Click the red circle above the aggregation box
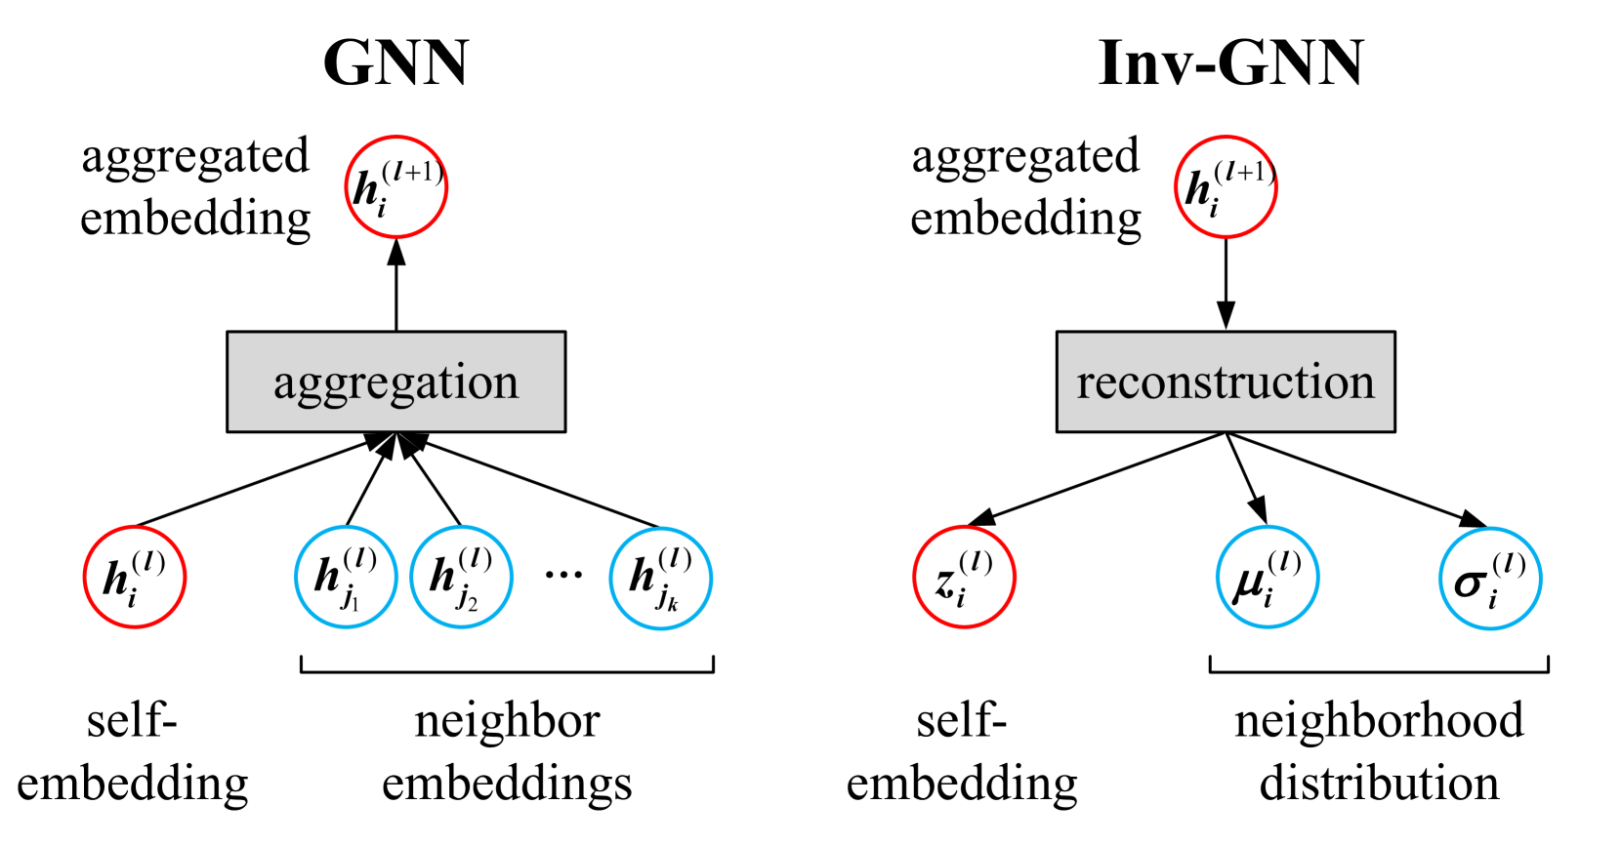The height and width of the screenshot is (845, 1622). click(x=396, y=186)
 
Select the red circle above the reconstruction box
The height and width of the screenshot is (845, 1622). click(x=1226, y=186)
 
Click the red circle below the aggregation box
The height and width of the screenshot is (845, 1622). click(x=135, y=577)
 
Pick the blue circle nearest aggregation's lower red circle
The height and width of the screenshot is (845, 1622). click(x=346, y=577)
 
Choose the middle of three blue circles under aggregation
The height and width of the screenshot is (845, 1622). click(x=462, y=577)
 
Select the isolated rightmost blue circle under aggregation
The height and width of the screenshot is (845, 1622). click(x=661, y=579)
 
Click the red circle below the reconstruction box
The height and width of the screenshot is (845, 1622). click(x=965, y=577)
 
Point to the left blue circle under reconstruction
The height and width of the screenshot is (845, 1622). click(x=1268, y=577)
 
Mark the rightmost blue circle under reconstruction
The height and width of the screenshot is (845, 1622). click(x=1490, y=579)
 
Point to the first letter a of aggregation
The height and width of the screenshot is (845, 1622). click(x=283, y=384)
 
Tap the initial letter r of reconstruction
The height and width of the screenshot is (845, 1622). click(x=1085, y=384)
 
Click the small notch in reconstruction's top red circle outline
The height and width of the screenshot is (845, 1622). click(x=1273, y=172)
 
